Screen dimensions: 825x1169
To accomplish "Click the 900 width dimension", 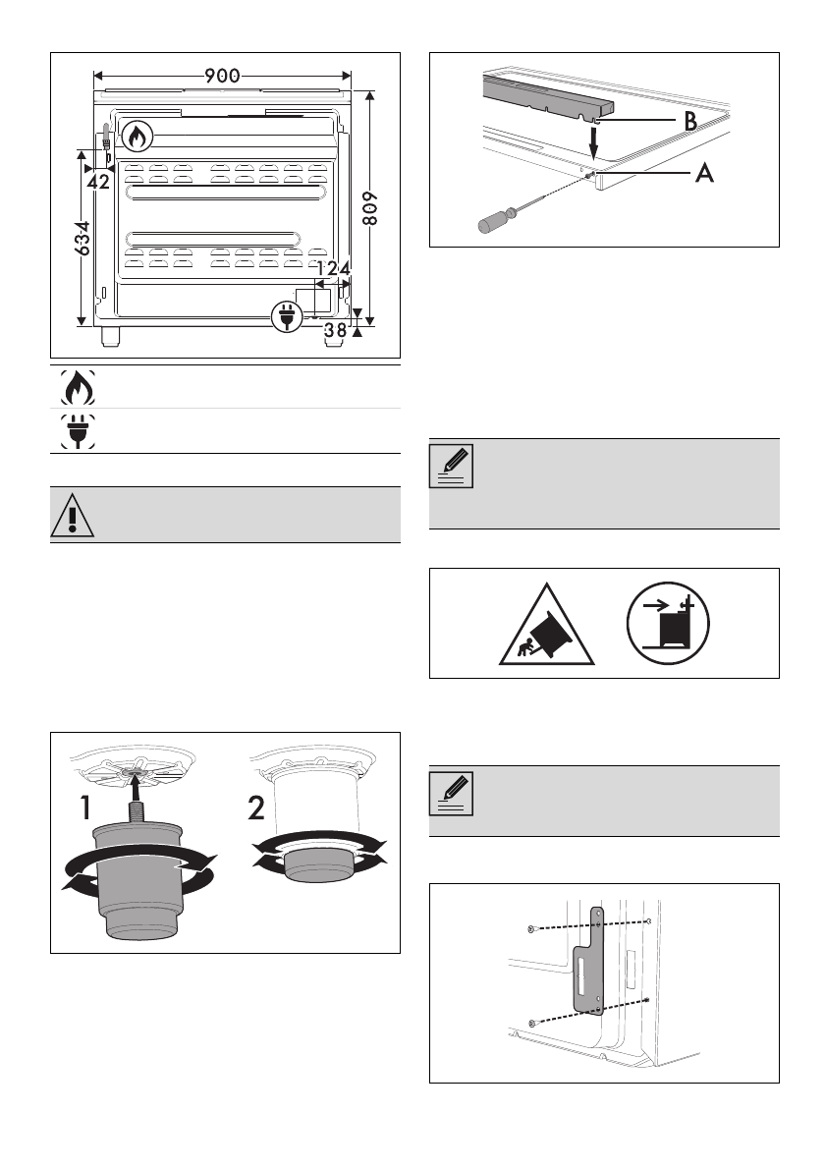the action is click(222, 76).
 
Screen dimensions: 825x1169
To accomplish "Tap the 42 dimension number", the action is click(98, 182).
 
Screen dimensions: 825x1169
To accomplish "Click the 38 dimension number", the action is click(335, 330).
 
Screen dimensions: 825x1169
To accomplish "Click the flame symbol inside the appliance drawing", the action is click(137, 137).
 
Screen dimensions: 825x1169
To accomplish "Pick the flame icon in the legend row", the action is click(75, 387).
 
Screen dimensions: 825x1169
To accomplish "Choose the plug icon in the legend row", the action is click(75, 431).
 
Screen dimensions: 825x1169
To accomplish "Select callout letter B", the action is click(690, 122).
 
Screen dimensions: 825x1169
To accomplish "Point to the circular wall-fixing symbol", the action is click(668, 625).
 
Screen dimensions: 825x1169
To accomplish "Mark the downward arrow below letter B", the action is click(593, 143).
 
